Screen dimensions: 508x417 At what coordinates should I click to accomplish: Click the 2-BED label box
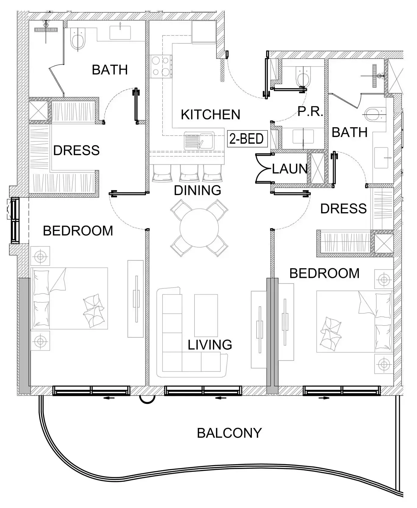point(247,139)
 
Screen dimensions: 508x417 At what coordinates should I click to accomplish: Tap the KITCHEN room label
point(210,115)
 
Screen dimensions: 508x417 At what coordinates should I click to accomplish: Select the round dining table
point(199,228)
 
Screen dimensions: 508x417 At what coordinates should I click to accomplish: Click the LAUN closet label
point(289,169)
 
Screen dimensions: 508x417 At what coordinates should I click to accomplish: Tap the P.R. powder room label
point(310,112)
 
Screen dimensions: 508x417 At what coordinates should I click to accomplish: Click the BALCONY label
point(229,433)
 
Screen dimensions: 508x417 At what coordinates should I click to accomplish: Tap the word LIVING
point(210,345)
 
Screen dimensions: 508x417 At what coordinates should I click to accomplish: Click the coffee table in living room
point(206,315)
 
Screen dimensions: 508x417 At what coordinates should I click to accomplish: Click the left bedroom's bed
point(69,298)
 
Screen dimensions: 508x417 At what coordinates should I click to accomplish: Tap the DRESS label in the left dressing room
point(76,150)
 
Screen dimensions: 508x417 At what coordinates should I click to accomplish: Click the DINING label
point(197,191)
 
